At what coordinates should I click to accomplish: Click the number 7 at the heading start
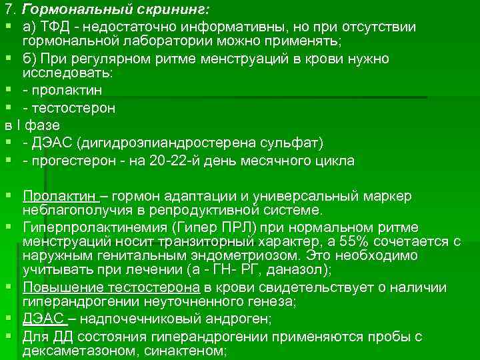coord(8,11)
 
